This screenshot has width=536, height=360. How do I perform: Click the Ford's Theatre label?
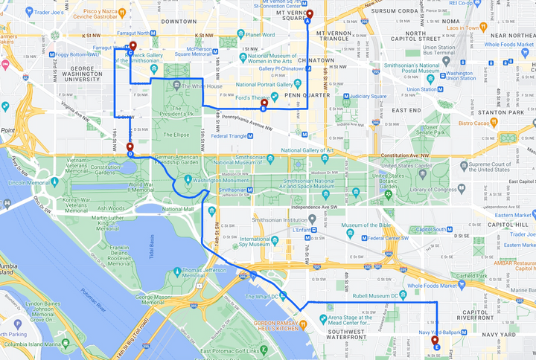click(251, 97)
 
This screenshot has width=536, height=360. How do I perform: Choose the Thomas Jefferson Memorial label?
click(201, 273)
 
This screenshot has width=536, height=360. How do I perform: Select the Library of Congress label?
click(432, 189)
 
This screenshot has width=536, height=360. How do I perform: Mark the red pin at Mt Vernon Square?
click(310, 14)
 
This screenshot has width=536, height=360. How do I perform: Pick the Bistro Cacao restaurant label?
click(478, 123)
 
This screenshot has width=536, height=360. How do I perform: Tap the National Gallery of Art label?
click(307, 150)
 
